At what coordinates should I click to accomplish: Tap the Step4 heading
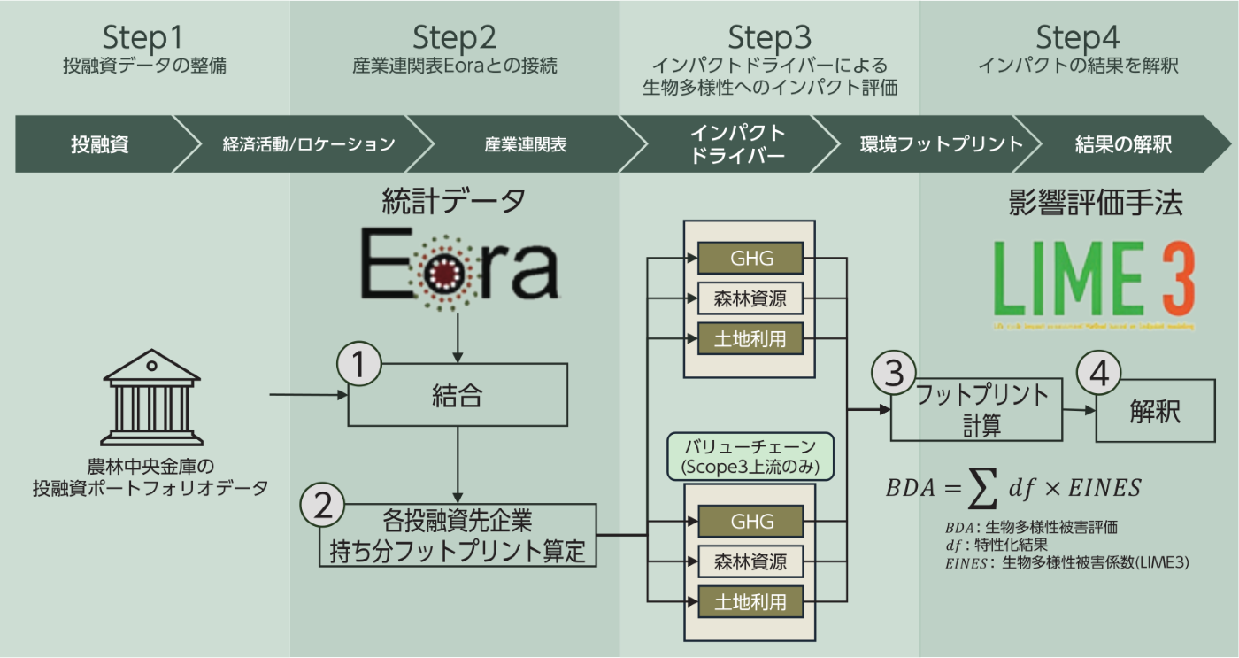tap(1077, 38)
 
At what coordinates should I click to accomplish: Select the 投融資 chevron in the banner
tap(99, 144)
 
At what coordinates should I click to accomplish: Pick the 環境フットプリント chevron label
tap(941, 144)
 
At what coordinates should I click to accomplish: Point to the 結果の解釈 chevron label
tap(1123, 144)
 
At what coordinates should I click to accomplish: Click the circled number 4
tap(1098, 374)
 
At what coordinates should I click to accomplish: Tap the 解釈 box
tap(1155, 412)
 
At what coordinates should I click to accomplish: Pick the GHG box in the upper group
tap(751, 258)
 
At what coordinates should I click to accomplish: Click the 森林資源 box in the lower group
tap(751, 561)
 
